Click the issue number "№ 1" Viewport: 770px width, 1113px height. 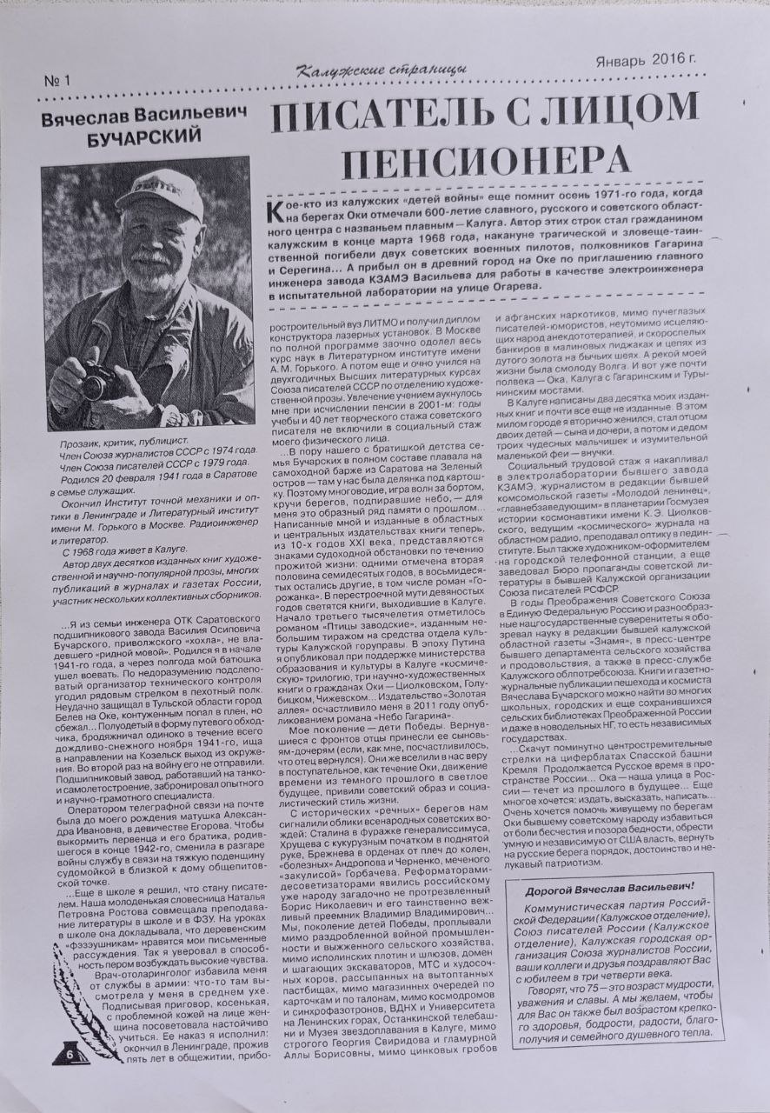pos(56,81)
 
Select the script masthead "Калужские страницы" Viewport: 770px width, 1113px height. pos(381,70)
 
